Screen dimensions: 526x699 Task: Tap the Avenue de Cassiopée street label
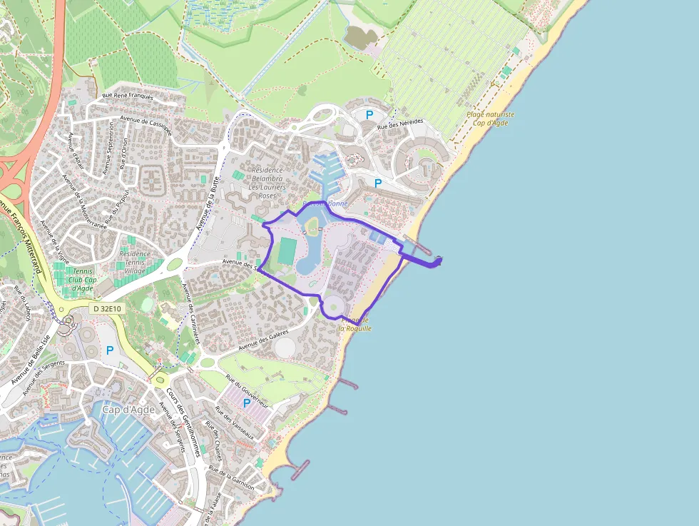tap(146, 124)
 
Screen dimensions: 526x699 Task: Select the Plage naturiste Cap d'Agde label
tap(491, 118)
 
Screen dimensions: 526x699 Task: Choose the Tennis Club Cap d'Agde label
tap(85, 280)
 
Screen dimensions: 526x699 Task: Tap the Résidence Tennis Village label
tap(135, 262)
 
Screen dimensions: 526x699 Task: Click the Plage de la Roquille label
tap(355, 324)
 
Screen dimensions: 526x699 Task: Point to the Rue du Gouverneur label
tap(247, 390)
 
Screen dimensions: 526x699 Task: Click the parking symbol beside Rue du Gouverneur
tap(247, 403)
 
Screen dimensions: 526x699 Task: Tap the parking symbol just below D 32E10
tap(110, 350)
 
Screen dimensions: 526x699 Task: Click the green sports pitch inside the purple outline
tap(287, 250)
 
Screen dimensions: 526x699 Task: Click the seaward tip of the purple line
tap(440, 260)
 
